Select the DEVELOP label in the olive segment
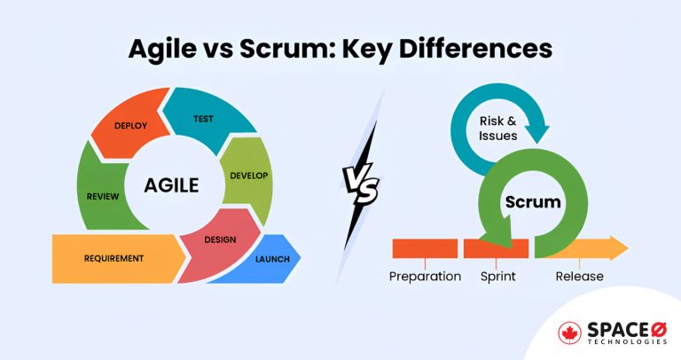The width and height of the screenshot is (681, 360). tap(248, 176)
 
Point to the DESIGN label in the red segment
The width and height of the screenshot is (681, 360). tap(220, 239)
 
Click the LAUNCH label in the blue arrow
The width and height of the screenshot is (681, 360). tap(273, 259)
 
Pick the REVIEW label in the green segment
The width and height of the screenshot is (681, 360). tap(104, 196)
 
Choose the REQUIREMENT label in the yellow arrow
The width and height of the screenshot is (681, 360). tap(114, 259)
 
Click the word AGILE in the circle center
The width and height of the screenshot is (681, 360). tap(173, 186)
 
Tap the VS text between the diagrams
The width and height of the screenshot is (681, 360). tap(361, 188)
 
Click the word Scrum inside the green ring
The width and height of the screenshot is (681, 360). tap(533, 202)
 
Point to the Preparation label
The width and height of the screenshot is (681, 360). tap(425, 277)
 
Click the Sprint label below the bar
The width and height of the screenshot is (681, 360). tap(497, 277)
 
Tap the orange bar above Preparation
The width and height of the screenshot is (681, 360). tap(425, 248)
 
